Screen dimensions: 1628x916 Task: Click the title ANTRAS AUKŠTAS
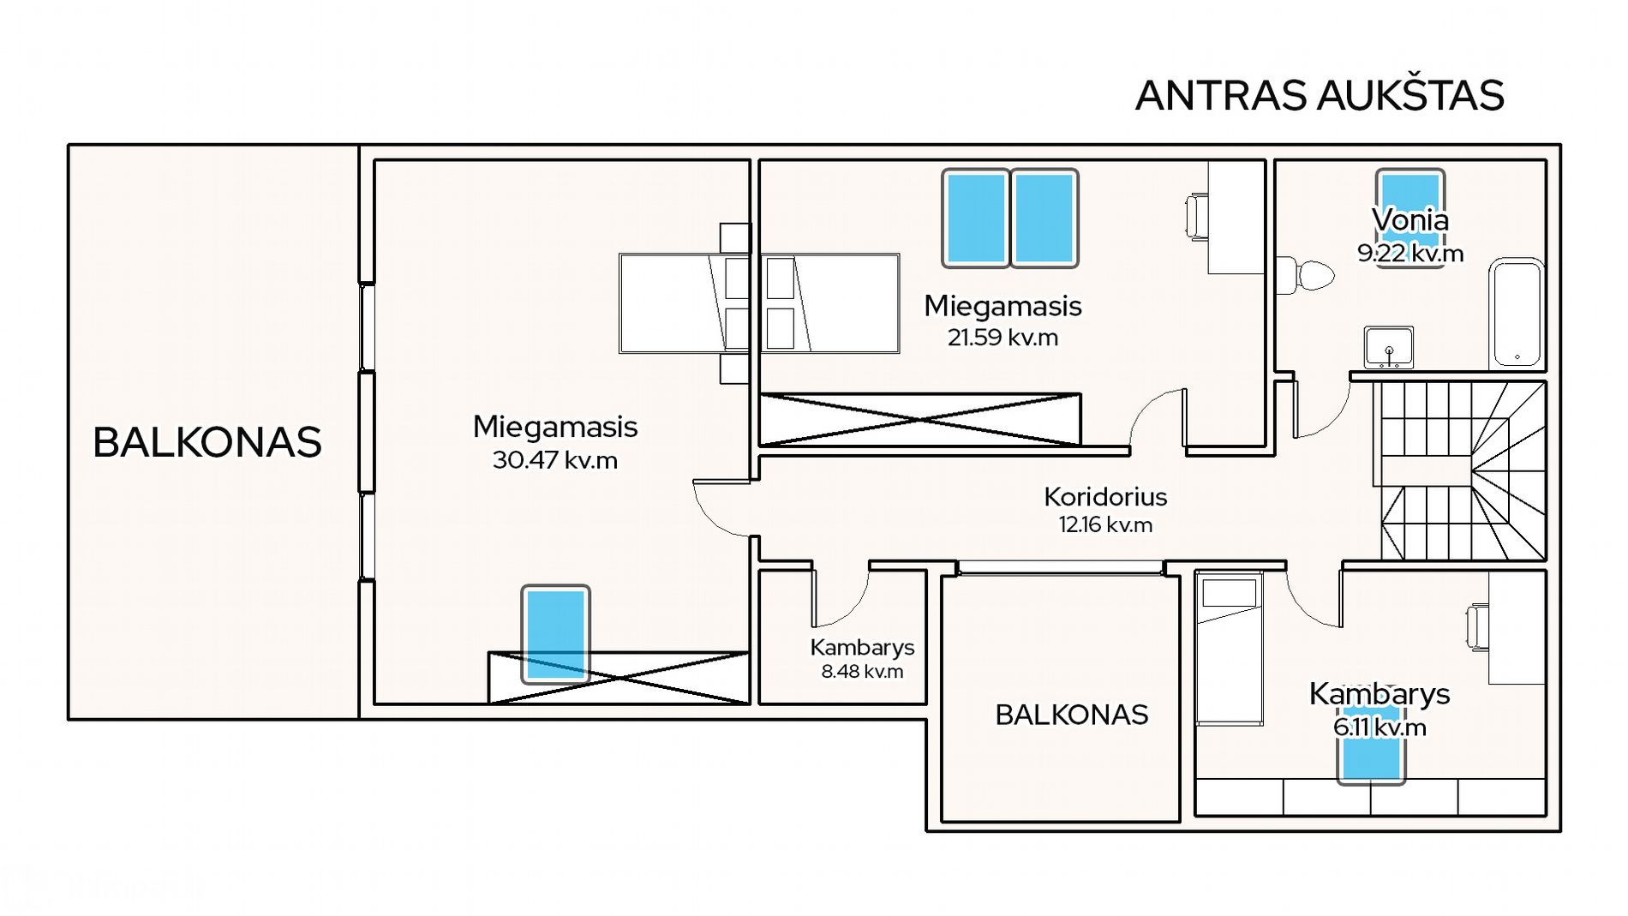coord(1320,94)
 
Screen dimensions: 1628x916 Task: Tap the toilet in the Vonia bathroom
coord(1305,275)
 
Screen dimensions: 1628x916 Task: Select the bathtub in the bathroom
coord(1517,314)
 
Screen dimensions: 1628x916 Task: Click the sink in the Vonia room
coord(1389,347)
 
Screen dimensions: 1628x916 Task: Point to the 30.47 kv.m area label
coord(555,460)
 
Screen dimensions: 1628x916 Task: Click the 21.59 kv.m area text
coord(1003,338)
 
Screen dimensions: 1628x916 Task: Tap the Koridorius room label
coord(1105,496)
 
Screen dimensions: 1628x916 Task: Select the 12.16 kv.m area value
coord(1105,524)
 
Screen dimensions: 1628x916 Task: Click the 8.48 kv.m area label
coord(862,671)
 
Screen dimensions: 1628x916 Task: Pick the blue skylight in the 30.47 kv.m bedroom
coord(555,634)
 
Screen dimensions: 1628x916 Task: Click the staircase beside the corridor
coord(1462,470)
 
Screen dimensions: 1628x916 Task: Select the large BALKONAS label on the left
coord(206,442)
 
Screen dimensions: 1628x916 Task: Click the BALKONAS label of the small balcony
coord(1071,715)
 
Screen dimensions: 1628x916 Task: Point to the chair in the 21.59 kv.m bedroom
coord(1197,217)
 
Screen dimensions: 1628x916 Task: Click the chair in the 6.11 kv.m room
coord(1477,626)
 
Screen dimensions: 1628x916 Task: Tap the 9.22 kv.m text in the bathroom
coord(1410,254)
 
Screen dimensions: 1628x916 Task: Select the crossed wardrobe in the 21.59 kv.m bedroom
coord(920,419)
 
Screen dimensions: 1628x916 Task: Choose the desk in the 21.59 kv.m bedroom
coord(1236,217)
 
